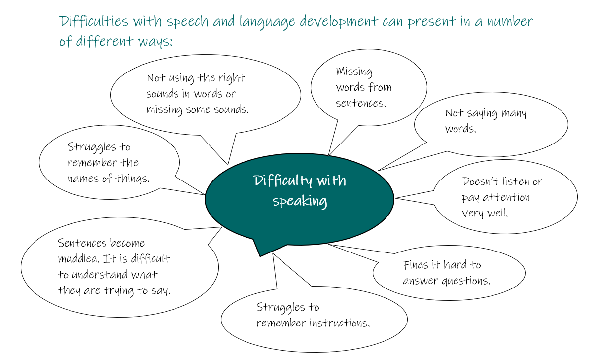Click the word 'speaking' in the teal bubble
(x=300, y=201)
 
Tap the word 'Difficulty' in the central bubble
(x=282, y=181)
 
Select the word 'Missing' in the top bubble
(x=354, y=72)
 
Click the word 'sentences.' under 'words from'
(x=361, y=103)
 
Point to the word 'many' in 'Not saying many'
(x=514, y=113)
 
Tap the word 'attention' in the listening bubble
(x=506, y=197)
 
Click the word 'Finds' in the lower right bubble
(x=415, y=265)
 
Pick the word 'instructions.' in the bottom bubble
(x=340, y=323)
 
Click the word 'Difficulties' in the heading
(x=93, y=21)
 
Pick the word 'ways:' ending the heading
(x=155, y=42)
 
